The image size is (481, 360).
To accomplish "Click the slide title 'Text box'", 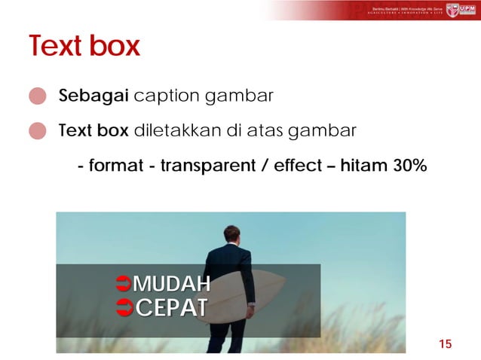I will tap(84, 47).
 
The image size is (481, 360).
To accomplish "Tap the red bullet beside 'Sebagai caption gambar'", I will tap(38, 97).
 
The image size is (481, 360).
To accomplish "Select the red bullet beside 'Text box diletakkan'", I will tap(38, 132).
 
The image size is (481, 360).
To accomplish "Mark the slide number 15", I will tap(445, 344).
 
